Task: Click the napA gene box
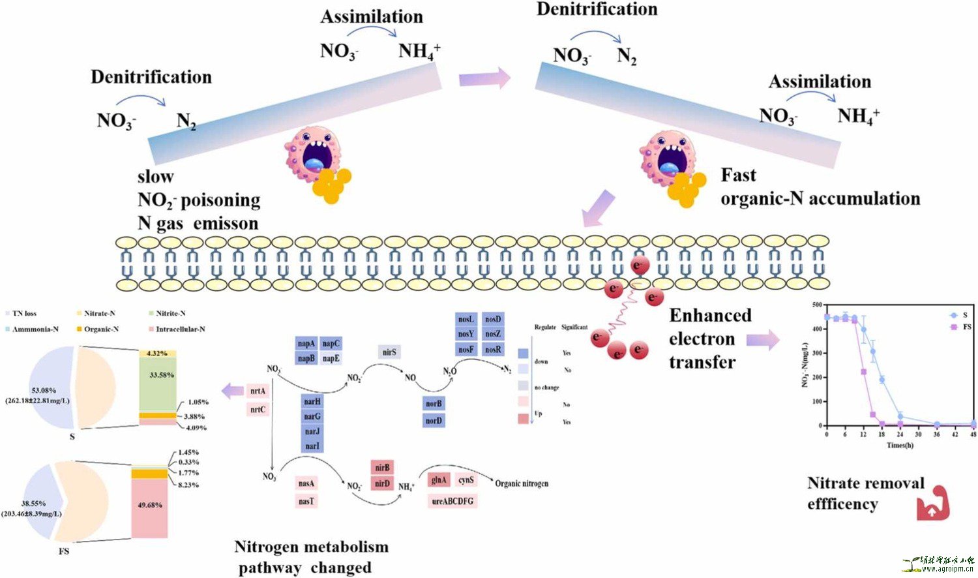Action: pyautogui.click(x=306, y=344)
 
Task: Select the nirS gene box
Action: pyautogui.click(x=389, y=352)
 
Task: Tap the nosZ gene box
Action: pyautogui.click(x=493, y=334)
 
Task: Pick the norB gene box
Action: pyautogui.click(x=434, y=404)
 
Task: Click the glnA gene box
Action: pyautogui.click(x=439, y=480)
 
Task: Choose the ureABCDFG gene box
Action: pyautogui.click(x=452, y=501)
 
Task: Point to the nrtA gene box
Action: pyautogui.click(x=258, y=391)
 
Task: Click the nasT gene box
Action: pyautogui.click(x=306, y=501)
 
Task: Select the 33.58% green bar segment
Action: pyautogui.click(x=157, y=384)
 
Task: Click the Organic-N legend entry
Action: pyautogui.click(x=96, y=329)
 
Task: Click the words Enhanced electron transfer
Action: pyautogui.click(x=709, y=339)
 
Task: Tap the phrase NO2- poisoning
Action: pyautogui.click(x=199, y=200)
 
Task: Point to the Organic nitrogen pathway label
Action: pyautogui.click(x=522, y=483)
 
